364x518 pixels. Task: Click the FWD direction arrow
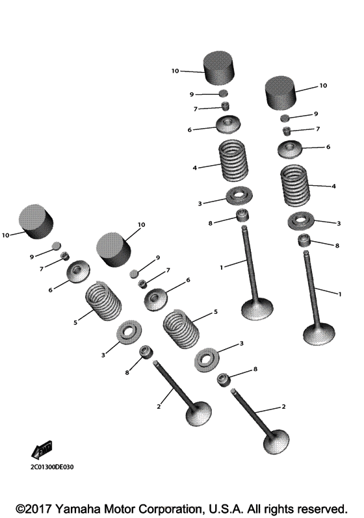[x=42, y=450]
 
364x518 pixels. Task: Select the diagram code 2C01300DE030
[x=52, y=467]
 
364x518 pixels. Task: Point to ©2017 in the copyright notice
[x=33, y=509]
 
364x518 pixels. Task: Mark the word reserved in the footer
[x=322, y=509]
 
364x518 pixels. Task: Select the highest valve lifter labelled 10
[x=218, y=68]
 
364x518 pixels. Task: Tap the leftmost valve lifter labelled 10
[x=36, y=222]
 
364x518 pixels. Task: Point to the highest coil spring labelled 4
[x=233, y=161]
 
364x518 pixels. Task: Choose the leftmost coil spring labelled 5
[x=103, y=300]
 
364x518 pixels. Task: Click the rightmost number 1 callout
[x=340, y=294]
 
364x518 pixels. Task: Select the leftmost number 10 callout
[x=6, y=235]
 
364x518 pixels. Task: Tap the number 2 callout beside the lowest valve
[x=283, y=407]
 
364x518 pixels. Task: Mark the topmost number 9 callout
[x=192, y=94]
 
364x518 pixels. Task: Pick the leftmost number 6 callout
[x=51, y=290]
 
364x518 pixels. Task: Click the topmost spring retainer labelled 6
[x=228, y=125]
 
